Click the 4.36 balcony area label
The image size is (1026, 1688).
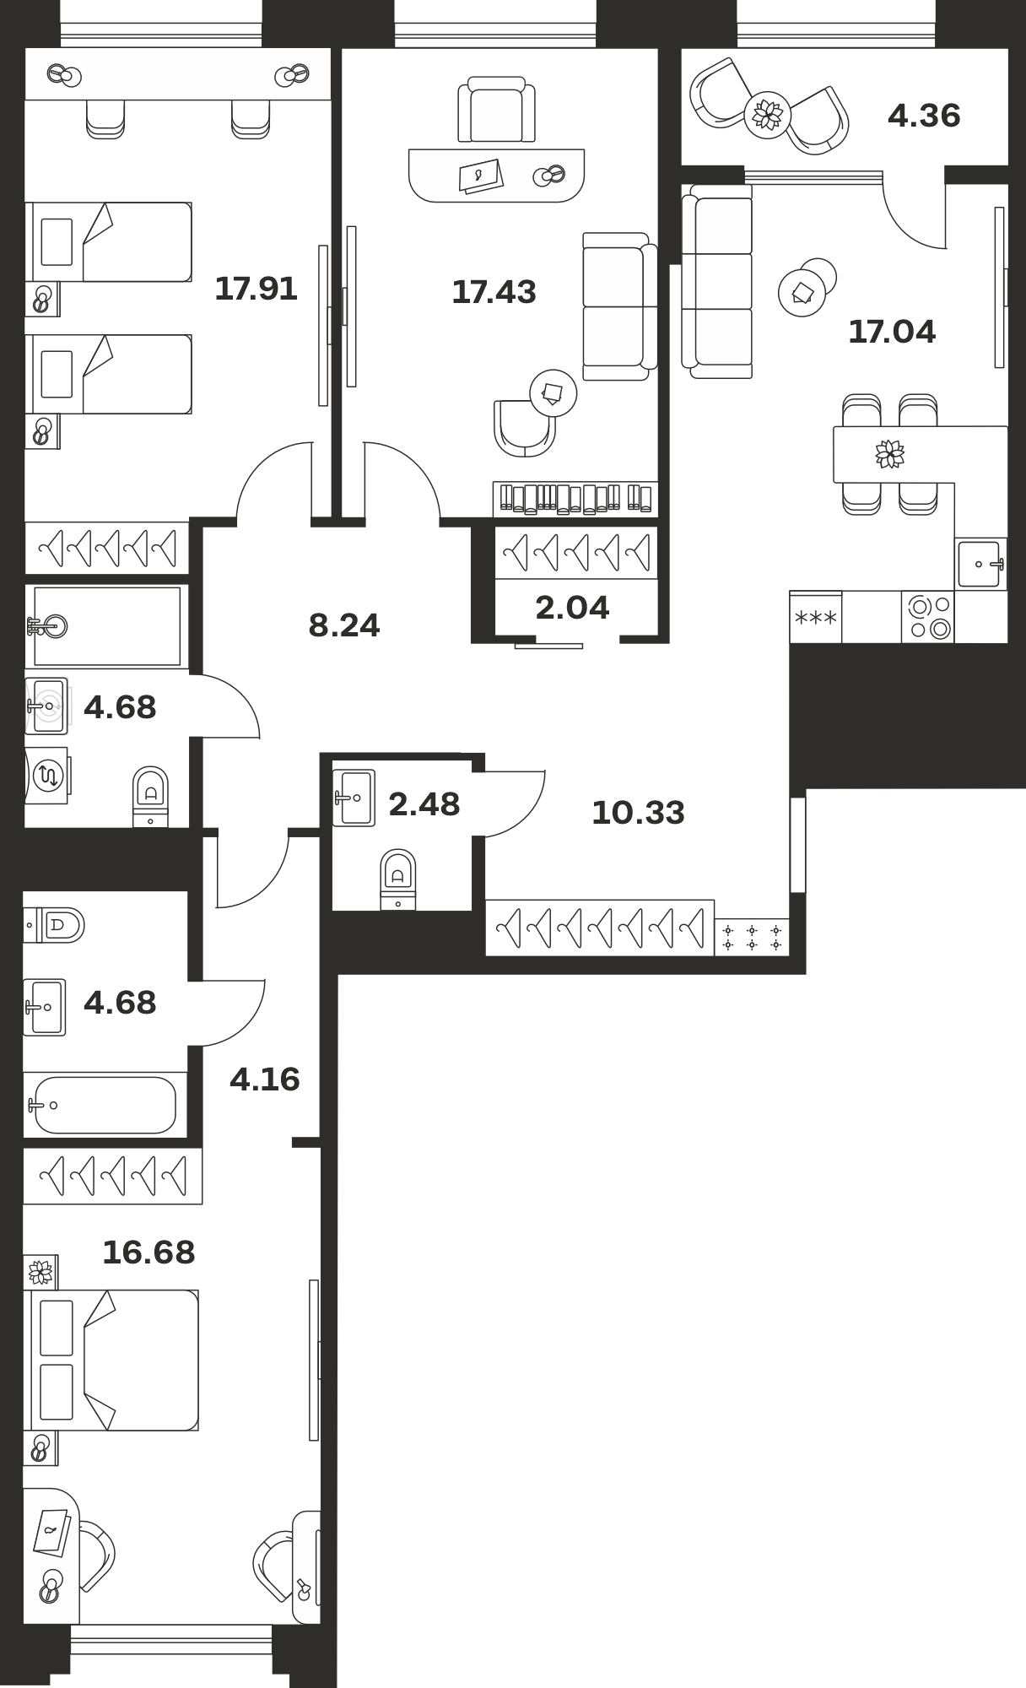[x=924, y=116]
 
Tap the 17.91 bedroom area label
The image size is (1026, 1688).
[x=256, y=289]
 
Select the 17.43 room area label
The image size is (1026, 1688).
[x=494, y=292]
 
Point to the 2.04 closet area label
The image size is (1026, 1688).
[x=572, y=607]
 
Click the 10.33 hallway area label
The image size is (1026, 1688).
[x=638, y=813]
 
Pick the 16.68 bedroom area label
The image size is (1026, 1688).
[x=148, y=1252]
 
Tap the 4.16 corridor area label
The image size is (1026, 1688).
[x=265, y=1079]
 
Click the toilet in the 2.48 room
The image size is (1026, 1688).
[x=398, y=879]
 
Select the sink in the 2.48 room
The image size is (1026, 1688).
[x=354, y=797]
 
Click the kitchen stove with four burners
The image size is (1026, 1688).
[x=928, y=617]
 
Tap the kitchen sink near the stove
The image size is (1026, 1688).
[x=981, y=563]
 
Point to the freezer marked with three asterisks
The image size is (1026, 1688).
[x=816, y=617]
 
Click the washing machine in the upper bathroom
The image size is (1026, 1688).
[x=46, y=775]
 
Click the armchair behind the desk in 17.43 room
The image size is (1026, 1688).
[x=496, y=110]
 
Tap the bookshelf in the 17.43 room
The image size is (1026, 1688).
[x=575, y=498]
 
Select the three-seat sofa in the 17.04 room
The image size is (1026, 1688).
[x=717, y=282]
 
